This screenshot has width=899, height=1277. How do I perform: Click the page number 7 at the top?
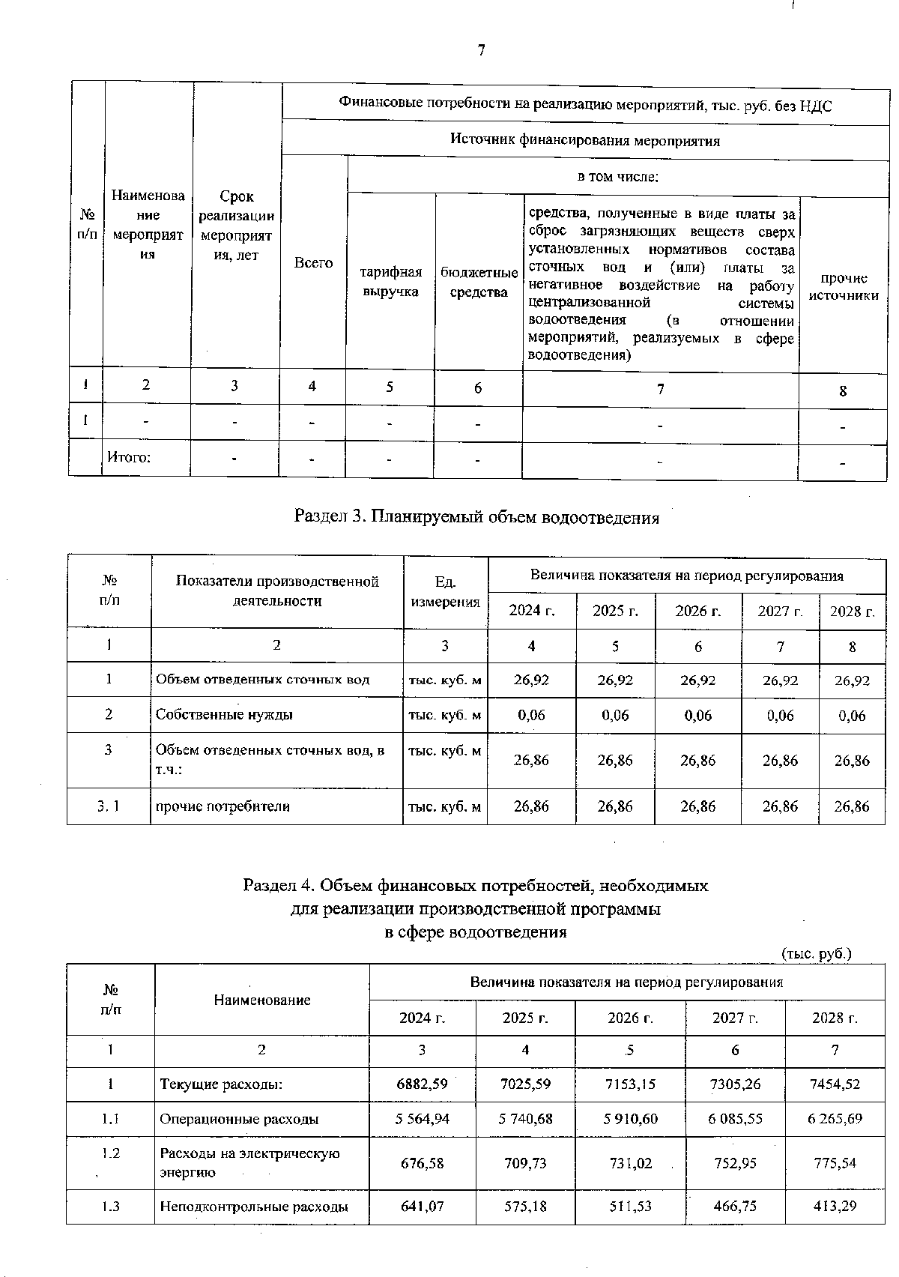[481, 50]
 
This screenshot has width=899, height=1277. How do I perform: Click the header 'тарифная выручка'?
[391, 282]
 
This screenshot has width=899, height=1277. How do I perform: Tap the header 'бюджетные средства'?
[479, 282]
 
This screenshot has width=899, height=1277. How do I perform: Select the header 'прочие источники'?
[844, 286]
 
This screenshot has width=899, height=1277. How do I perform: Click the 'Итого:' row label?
[129, 456]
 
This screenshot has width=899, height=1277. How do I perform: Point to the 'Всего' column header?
[313, 262]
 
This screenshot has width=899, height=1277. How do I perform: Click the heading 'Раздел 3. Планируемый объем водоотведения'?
[476, 517]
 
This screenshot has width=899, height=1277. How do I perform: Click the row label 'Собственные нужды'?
[224, 715]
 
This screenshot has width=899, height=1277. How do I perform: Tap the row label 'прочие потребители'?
[223, 807]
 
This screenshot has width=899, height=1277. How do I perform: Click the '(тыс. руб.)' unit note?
[817, 954]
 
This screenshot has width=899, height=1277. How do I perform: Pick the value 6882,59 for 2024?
[423, 1084]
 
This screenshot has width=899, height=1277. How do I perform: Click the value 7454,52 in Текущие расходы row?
[835, 1084]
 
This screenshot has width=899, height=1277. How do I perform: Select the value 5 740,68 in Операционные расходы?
[525, 1119]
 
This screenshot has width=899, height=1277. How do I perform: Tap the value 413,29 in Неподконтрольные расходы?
[835, 1207]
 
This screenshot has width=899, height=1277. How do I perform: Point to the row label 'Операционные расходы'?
[239, 1119]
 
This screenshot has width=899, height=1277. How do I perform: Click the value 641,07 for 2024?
[423, 1207]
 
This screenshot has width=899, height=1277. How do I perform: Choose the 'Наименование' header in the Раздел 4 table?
[261, 1000]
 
